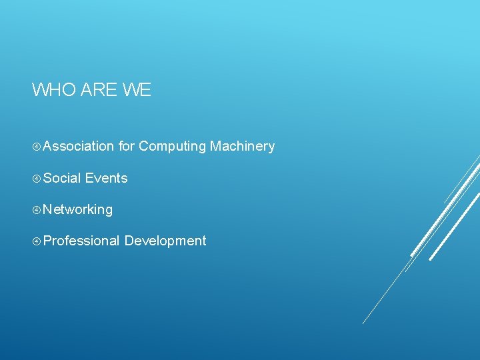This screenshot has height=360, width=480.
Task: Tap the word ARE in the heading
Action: [99, 89]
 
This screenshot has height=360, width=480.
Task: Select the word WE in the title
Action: [137, 89]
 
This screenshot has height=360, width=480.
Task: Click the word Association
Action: [79, 146]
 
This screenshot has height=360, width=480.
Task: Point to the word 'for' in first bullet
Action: [127, 146]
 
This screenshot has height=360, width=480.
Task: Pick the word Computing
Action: [173, 147]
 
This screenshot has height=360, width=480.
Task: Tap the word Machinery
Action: [242, 147]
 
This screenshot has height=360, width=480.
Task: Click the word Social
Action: [62, 178]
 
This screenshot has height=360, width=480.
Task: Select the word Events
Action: [106, 178]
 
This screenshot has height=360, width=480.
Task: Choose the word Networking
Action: [78, 210]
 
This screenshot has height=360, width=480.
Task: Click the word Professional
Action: [81, 241]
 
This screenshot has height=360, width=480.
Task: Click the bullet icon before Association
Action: [36, 147]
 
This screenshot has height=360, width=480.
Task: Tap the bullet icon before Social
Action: [36, 178]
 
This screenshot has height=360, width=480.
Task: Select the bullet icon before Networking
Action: [36, 210]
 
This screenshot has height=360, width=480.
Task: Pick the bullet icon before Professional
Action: [36, 241]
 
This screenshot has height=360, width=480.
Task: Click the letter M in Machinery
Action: [215, 146]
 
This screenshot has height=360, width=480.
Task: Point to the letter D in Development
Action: [129, 241]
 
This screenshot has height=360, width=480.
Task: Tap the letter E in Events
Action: [89, 178]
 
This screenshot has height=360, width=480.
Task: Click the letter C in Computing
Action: [144, 146]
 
